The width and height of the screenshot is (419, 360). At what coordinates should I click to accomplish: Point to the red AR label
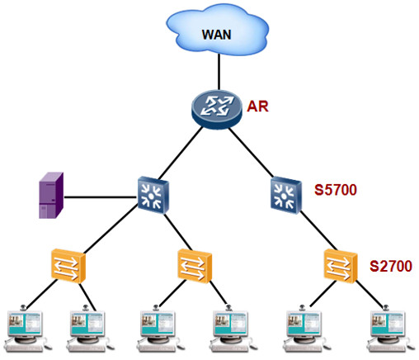click(x=258, y=106)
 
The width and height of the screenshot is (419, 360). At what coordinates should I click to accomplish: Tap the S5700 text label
click(x=335, y=191)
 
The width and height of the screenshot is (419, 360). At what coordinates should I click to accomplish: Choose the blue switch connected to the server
click(x=152, y=195)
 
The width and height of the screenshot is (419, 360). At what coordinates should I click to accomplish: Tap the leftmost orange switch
click(x=66, y=266)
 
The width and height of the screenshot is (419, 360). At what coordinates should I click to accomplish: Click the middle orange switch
click(x=195, y=266)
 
